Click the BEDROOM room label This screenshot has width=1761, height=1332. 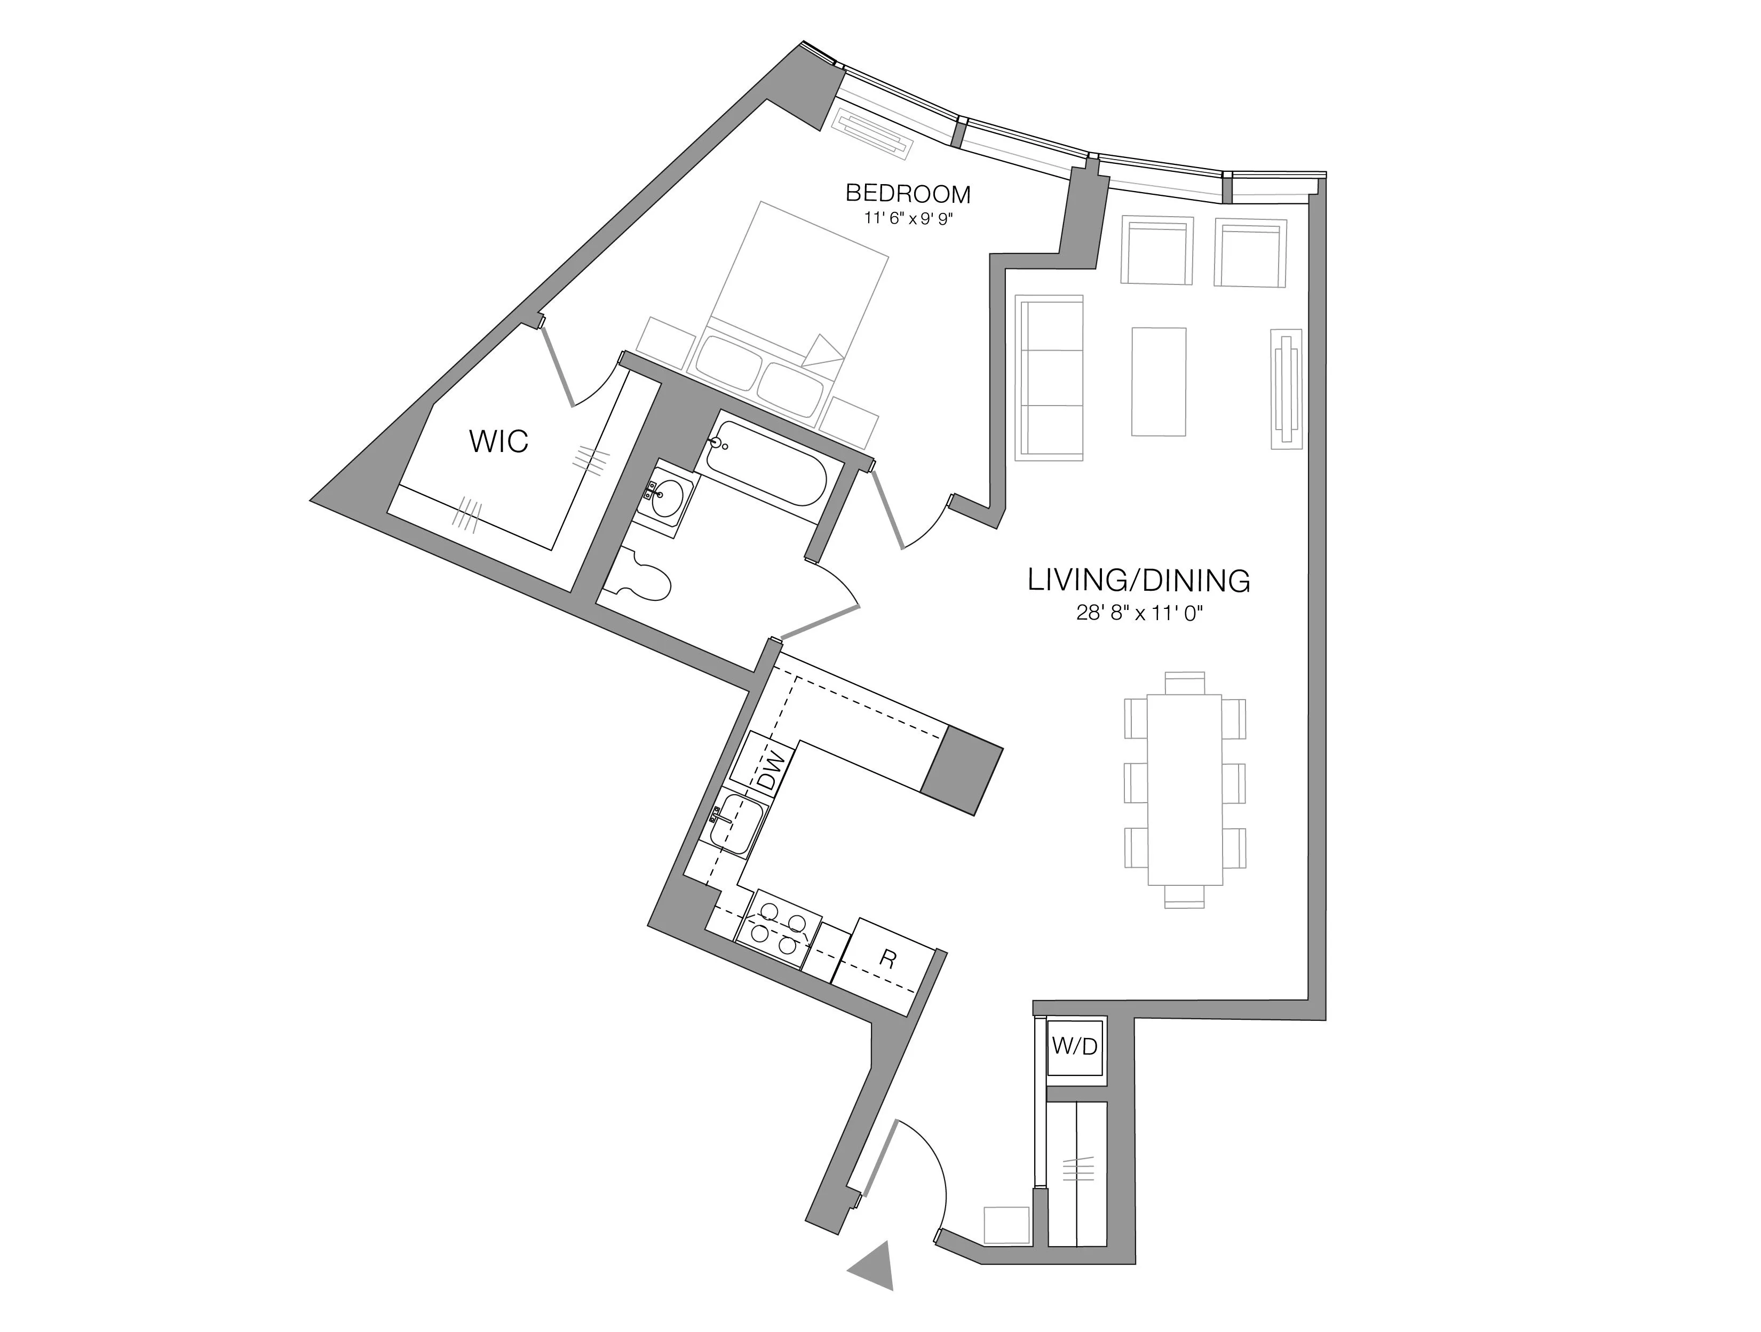(x=908, y=194)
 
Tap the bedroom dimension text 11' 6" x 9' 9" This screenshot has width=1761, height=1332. (x=908, y=220)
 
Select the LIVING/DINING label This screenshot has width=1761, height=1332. (x=1138, y=581)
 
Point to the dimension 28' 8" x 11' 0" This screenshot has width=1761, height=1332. (x=1138, y=613)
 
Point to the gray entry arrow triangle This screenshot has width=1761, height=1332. (x=874, y=1264)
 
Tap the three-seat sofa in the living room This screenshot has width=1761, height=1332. (x=1049, y=377)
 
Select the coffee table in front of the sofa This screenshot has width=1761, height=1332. (x=1159, y=382)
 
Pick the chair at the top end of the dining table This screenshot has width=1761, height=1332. (x=1184, y=683)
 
